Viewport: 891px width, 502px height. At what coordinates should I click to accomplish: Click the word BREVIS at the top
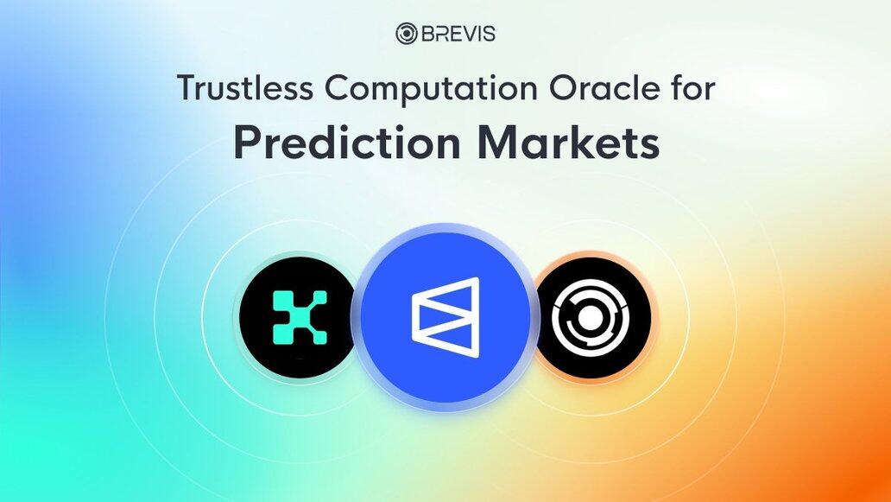coord(458,34)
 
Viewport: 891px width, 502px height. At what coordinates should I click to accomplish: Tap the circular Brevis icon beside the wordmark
coord(407,34)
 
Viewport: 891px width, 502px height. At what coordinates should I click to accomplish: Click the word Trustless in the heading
coord(244,89)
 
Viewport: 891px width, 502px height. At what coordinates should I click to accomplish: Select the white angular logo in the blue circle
coord(445,317)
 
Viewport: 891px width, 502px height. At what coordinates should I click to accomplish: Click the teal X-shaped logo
coord(300,317)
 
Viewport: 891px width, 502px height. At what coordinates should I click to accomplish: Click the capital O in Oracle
coord(563,89)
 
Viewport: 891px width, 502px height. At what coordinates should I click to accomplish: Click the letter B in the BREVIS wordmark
coord(427,34)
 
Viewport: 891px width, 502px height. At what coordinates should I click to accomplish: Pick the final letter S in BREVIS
coord(490,34)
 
